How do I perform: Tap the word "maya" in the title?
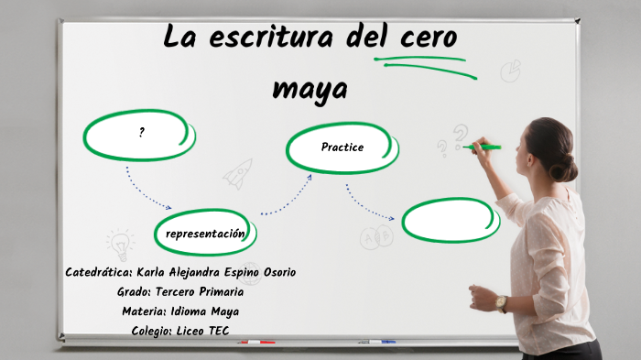310,91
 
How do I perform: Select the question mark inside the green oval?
142,133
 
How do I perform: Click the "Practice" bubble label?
342,147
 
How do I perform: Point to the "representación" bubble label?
205,234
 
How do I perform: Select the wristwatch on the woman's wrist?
501,302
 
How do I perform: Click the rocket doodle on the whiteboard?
239,173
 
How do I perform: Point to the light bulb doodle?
119,245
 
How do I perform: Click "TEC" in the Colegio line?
217,331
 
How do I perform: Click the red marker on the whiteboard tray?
257,343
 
